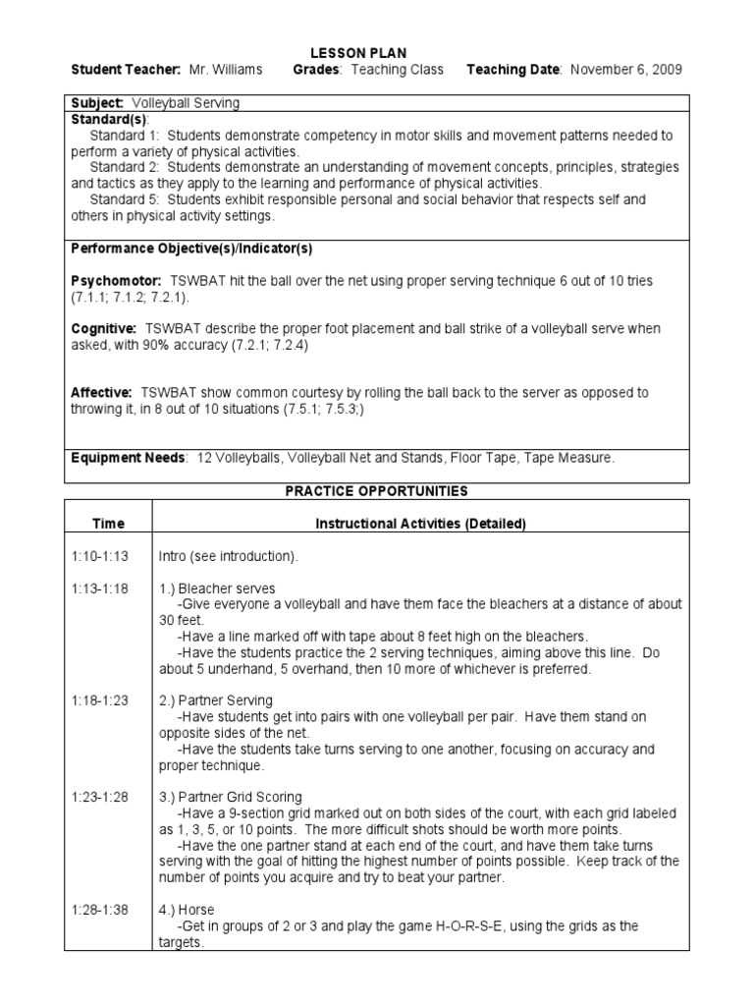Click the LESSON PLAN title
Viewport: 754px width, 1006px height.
(x=372, y=52)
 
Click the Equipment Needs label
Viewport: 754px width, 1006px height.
(x=128, y=458)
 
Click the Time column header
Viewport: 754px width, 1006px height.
(x=108, y=525)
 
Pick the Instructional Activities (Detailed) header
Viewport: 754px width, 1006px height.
(x=420, y=525)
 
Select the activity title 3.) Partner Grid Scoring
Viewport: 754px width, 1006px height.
(x=231, y=797)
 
